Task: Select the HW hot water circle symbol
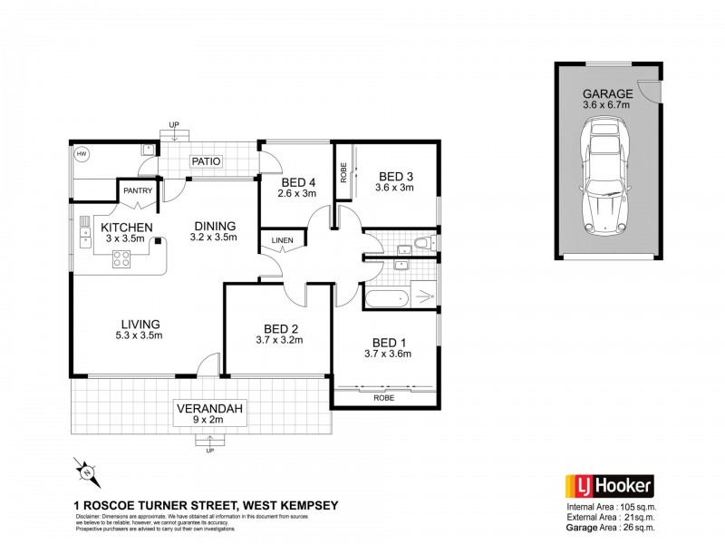(x=82, y=154)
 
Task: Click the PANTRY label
(x=137, y=190)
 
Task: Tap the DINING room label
(x=214, y=226)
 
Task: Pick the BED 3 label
(x=395, y=176)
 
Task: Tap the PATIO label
(x=206, y=162)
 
